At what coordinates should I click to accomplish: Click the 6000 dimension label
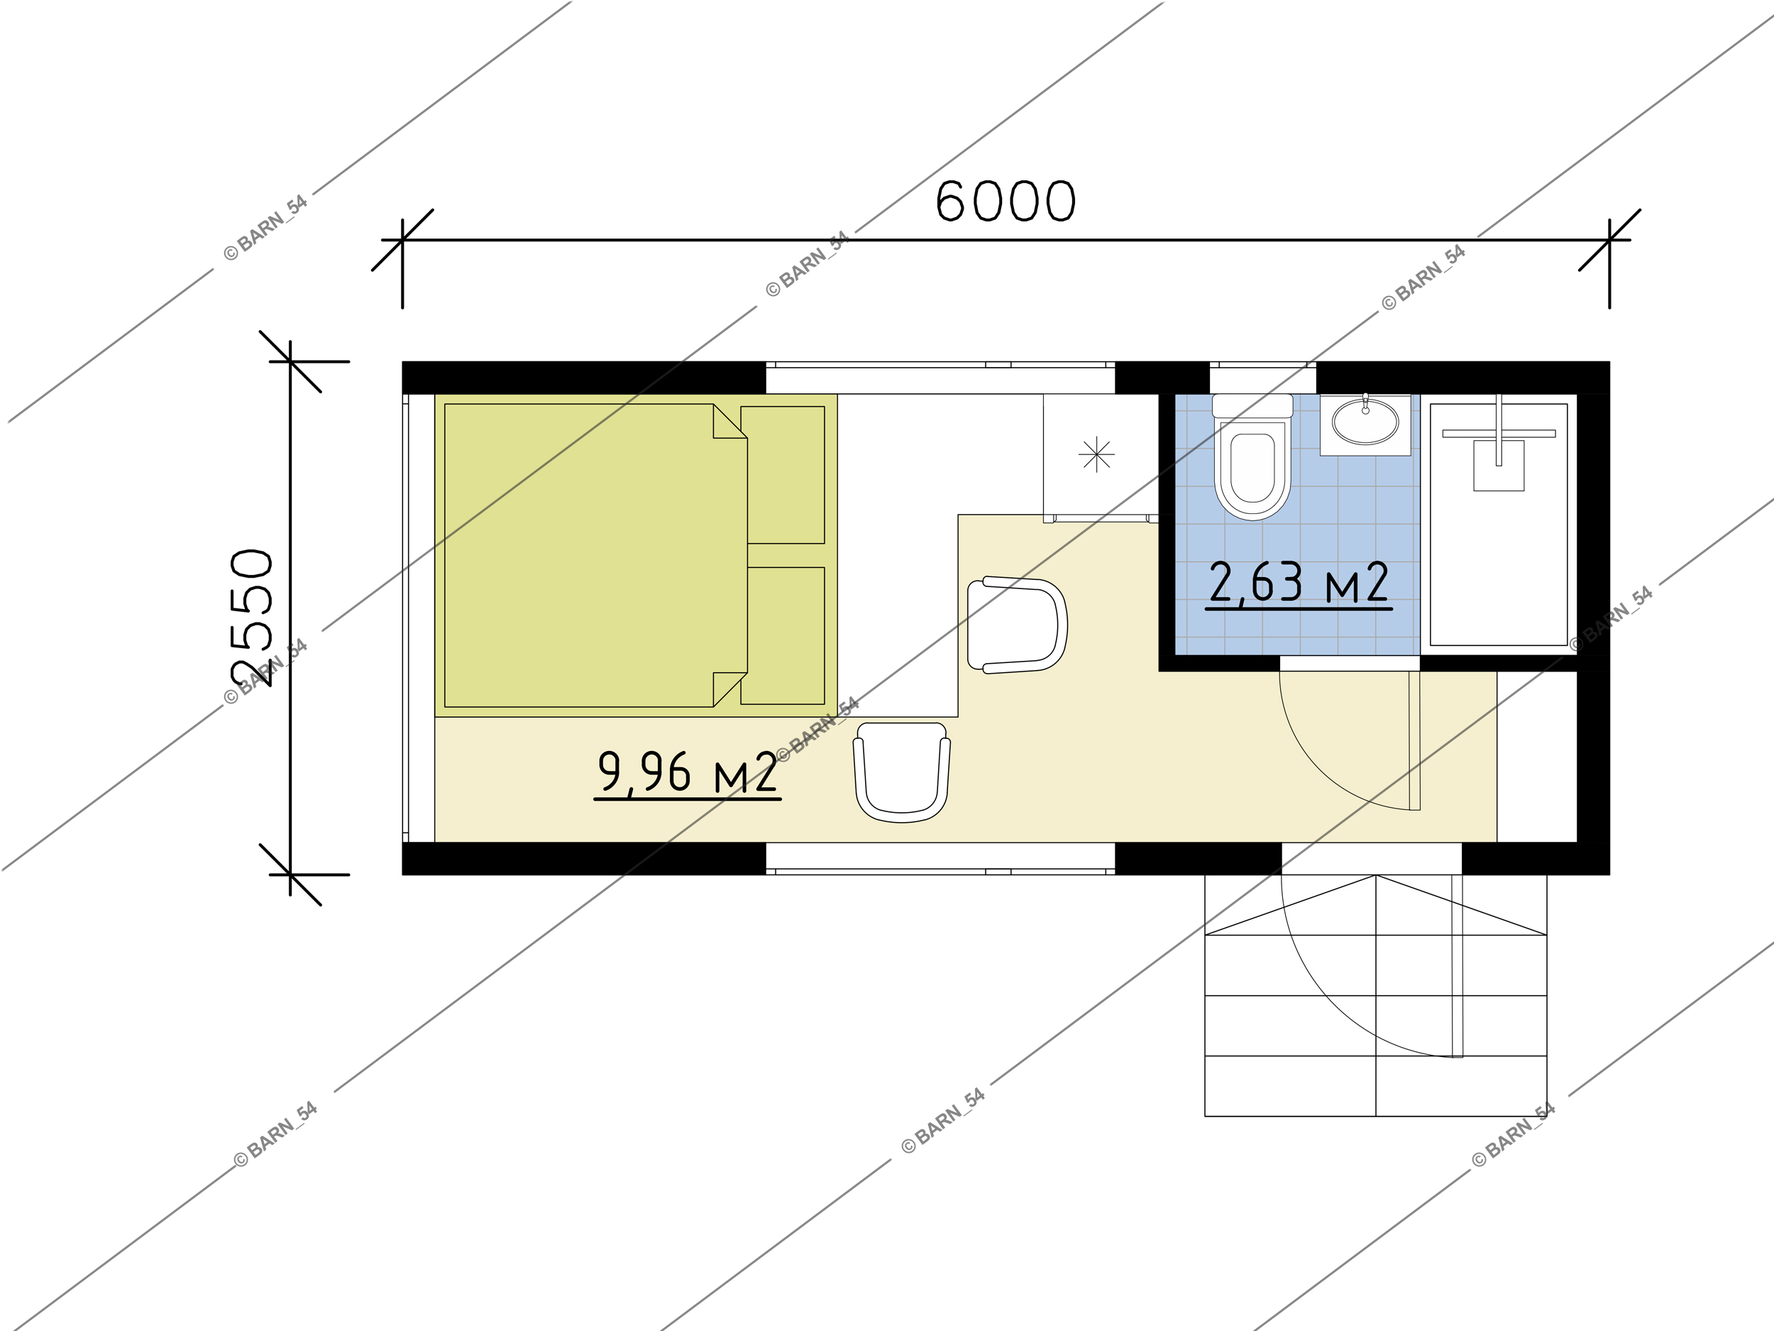pos(1005,201)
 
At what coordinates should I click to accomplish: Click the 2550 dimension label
pos(252,618)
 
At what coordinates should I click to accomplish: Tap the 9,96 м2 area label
pos(688,772)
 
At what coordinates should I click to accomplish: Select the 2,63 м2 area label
pos(1299,583)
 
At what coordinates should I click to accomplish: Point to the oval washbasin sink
pos(1365,421)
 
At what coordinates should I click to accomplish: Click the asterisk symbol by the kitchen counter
pos(1096,455)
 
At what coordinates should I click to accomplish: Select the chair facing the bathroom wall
pos(1018,625)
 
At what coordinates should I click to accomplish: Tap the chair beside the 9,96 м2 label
pos(901,772)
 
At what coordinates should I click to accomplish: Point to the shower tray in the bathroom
pos(1498,525)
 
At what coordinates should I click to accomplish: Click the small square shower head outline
pos(1498,466)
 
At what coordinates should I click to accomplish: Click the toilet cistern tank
pos(1252,406)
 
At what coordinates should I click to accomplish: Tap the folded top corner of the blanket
pos(729,421)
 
